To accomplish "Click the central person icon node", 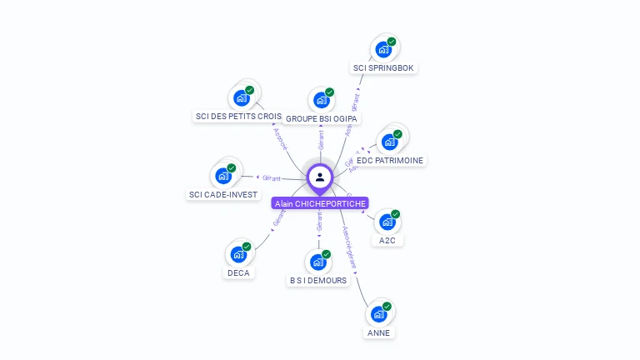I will click(320, 177).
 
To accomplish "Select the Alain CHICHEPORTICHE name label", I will click(319, 203).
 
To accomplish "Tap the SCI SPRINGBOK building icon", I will click(383, 49).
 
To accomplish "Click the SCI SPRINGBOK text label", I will click(384, 67).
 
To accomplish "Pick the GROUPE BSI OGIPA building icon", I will click(321, 100).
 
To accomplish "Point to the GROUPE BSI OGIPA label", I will click(322, 119).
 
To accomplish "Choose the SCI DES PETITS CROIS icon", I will click(242, 98).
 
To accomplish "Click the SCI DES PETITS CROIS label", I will click(237, 117).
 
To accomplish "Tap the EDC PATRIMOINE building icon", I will click(389, 142).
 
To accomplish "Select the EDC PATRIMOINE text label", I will click(389, 160).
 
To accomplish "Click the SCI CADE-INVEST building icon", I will click(223, 176).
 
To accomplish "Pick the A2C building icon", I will click(387, 222).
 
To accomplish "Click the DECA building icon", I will click(238, 254).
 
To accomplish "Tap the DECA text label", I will click(238, 272).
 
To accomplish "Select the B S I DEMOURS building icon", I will click(317, 262).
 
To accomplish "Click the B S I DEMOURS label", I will click(317, 281).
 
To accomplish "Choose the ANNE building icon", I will click(378, 314).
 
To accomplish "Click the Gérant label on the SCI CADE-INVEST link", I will click(271, 177).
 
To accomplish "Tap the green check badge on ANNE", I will click(387, 306).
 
